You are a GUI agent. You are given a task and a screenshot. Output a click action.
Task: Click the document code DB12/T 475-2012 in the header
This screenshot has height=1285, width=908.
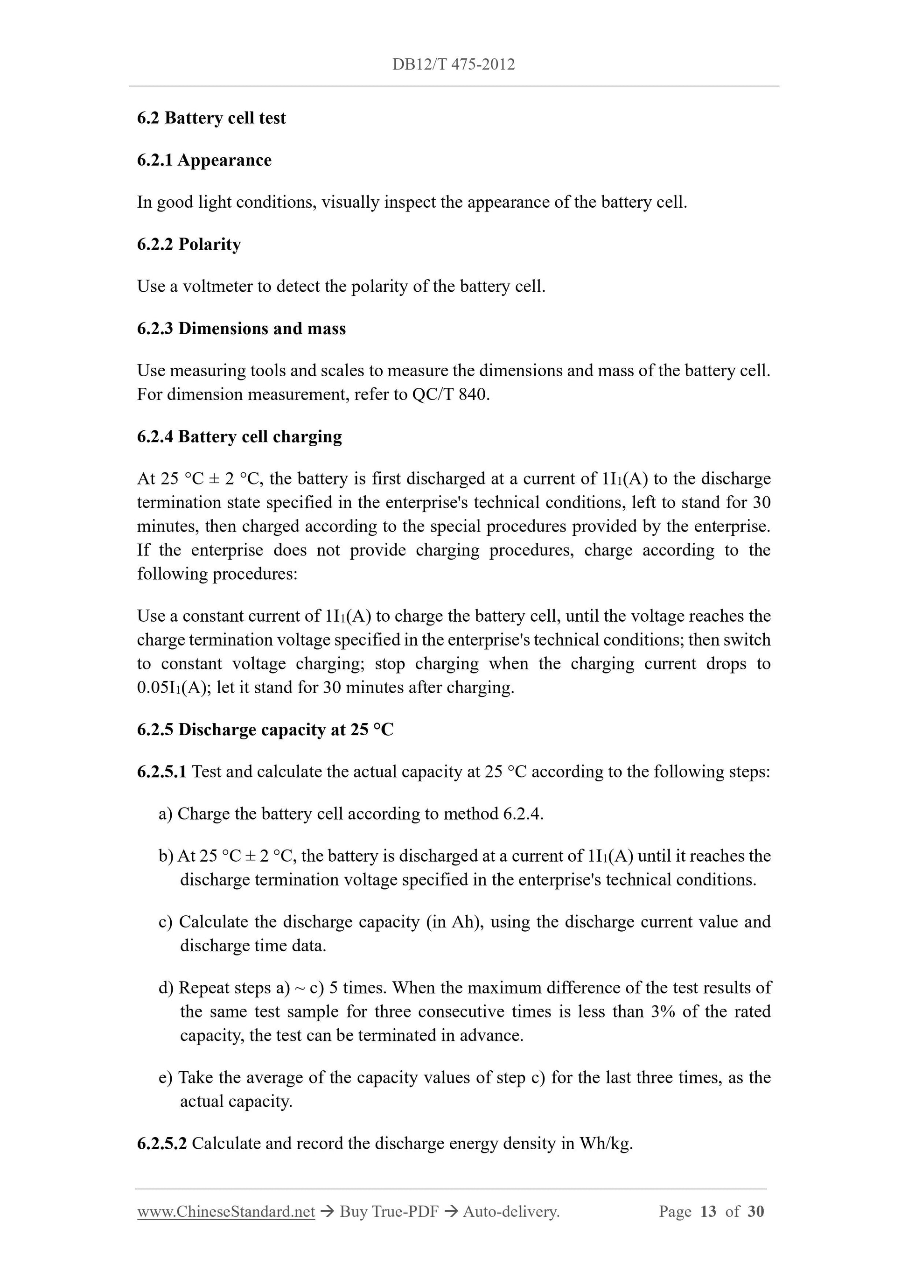(x=453, y=64)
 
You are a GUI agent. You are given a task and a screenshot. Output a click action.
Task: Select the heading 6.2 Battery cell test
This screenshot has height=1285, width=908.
(x=211, y=118)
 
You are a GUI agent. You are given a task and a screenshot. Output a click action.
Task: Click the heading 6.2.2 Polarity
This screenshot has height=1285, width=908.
(x=189, y=244)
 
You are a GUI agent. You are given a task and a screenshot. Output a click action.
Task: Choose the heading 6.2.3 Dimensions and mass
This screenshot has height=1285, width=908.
(x=241, y=329)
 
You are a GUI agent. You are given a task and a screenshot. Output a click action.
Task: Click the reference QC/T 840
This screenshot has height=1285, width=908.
(x=450, y=394)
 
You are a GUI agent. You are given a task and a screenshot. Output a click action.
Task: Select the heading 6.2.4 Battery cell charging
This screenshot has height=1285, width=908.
(x=239, y=436)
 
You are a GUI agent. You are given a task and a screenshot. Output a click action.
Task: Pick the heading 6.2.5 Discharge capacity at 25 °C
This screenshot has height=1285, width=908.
(x=265, y=730)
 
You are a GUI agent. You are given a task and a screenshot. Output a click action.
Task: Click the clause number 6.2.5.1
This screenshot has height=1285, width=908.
(x=161, y=772)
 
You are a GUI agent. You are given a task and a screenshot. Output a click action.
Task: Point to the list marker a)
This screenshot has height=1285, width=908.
(x=166, y=814)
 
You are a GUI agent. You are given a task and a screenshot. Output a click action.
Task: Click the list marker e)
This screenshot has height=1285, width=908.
(x=166, y=1077)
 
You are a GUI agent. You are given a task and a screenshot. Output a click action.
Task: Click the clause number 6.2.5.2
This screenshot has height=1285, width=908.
(x=161, y=1144)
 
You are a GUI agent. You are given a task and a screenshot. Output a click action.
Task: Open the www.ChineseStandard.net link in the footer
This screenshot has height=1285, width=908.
(x=226, y=1212)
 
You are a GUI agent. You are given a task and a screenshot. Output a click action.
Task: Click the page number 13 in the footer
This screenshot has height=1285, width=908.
(x=708, y=1212)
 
